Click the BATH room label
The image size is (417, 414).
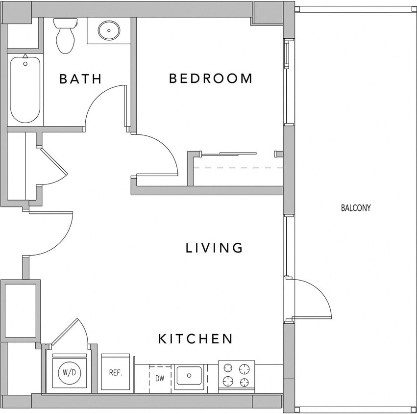[x=80, y=78]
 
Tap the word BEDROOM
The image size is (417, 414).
[x=211, y=78]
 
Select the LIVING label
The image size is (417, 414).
[x=214, y=248]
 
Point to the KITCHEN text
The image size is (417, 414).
[x=195, y=338]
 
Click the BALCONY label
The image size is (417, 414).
[x=356, y=208]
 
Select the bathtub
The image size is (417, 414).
[x=25, y=89]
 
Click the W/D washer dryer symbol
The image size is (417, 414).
[x=69, y=372]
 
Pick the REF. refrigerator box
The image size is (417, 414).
[x=115, y=372]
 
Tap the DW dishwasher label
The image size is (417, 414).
[x=160, y=378]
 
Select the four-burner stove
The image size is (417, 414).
[x=236, y=375]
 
